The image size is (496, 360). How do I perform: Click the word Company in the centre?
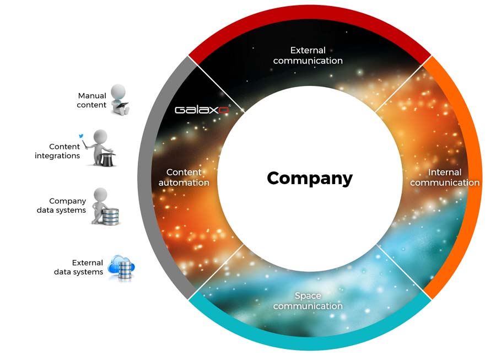click(310, 179)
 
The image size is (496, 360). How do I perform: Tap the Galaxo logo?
click(202, 110)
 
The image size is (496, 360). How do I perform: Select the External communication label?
click(308, 55)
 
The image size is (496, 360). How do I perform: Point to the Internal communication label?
click(445, 178)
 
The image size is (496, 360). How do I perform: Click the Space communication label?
click(308, 301)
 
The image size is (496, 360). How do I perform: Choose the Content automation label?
click(184, 178)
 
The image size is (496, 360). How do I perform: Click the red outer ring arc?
click(310, 12)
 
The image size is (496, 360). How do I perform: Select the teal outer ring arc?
click(310, 343)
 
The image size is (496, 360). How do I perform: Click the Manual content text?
click(91, 100)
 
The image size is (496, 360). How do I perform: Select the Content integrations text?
click(57, 151)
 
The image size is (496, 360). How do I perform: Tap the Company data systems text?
click(61, 206)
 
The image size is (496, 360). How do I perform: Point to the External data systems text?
click(78, 267)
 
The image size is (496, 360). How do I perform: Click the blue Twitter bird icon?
click(82, 136)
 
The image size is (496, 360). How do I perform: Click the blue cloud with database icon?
click(121, 267)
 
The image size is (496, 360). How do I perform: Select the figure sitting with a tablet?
click(119, 99)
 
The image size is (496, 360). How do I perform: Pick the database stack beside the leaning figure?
click(110, 216)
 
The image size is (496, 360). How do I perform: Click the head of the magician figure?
click(100, 136)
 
